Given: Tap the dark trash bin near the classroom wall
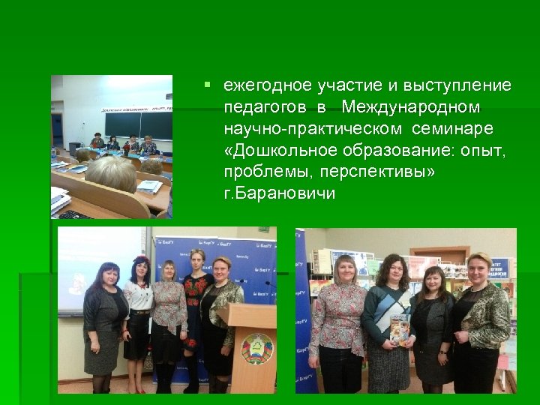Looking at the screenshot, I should (74, 148).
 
